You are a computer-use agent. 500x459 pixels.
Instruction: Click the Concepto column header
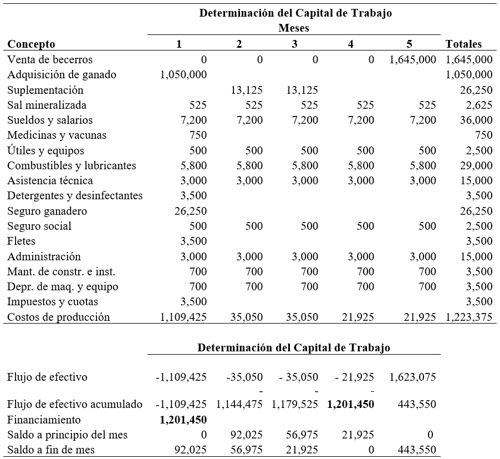[x=31, y=44]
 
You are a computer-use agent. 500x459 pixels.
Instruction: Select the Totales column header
[x=463, y=44]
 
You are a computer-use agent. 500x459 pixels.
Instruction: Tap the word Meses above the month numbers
[x=294, y=28]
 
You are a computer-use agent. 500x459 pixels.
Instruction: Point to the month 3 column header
[x=294, y=44]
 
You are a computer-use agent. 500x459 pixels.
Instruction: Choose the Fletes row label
[x=21, y=241]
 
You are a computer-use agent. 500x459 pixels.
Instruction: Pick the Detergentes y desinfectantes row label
[x=75, y=196]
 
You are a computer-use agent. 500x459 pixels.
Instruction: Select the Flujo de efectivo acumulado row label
[x=75, y=405]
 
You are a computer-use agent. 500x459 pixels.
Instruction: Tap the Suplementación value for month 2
[x=247, y=90]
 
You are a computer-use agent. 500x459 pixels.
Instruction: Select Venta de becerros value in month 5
[x=412, y=60]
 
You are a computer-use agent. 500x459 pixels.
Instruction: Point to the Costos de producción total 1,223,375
[x=468, y=317]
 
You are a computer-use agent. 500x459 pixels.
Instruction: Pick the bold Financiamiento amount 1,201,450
[x=183, y=420]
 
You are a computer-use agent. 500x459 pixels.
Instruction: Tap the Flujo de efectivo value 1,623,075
[x=412, y=377]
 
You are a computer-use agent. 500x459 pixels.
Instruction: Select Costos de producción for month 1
[x=183, y=317]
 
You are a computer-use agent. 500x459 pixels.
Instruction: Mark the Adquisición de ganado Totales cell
[x=468, y=75]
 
